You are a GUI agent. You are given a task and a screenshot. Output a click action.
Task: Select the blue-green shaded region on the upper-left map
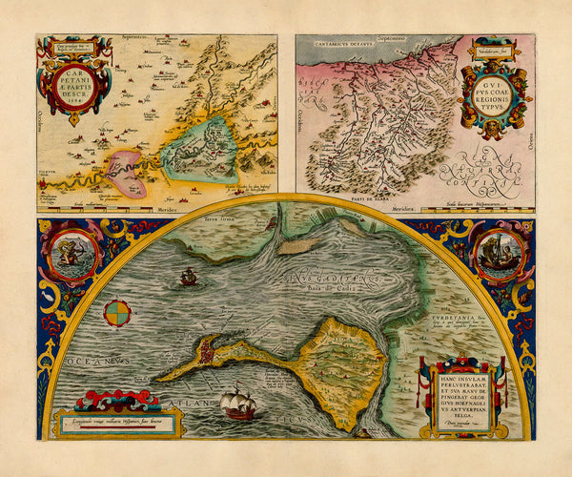200,151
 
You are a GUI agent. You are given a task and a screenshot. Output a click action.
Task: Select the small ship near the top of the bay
189,277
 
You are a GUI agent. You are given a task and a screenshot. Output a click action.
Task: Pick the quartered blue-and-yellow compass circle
118,312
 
